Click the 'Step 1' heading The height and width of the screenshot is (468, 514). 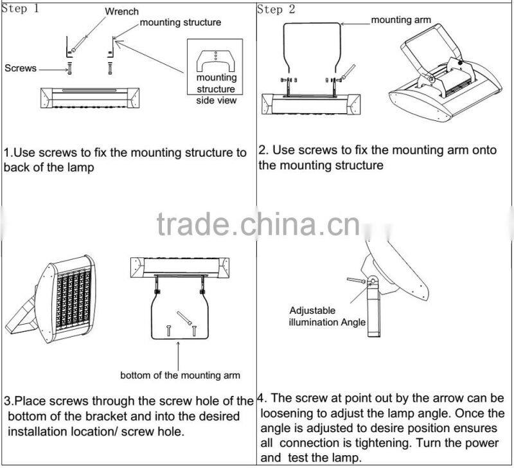click(21, 8)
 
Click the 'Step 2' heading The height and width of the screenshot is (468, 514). click(276, 10)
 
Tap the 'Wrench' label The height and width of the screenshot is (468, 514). click(122, 12)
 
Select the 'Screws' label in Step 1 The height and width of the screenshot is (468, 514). click(21, 68)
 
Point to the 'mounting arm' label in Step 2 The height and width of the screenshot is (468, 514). click(401, 20)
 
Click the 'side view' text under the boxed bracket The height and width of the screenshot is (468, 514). click(216, 100)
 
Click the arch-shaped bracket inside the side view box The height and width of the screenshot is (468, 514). click(215, 61)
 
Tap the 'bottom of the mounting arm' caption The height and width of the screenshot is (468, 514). click(180, 375)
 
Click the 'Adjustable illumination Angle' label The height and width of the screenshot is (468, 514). click(327, 316)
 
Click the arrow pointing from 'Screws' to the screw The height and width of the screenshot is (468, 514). click(53, 69)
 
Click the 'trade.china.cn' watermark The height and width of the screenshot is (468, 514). click(259, 224)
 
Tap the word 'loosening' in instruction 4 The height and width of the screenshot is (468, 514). click(291, 413)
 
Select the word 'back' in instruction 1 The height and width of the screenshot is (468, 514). click(17, 167)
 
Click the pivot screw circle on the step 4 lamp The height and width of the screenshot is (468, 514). click(373, 281)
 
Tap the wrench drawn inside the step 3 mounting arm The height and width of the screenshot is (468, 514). click(184, 318)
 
